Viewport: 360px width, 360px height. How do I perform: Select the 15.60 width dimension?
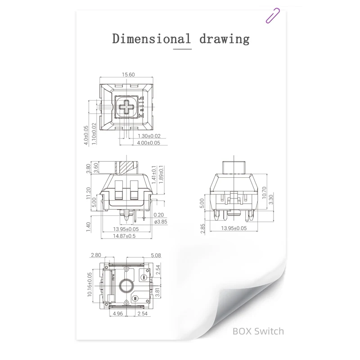128,75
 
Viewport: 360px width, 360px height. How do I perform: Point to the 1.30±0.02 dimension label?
149,135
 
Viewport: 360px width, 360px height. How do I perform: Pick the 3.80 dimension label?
88,168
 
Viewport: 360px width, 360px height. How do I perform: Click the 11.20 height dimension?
88,193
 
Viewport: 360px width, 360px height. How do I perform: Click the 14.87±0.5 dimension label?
124,235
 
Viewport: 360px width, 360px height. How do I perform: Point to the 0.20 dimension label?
158,215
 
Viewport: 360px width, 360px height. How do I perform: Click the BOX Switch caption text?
258,331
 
